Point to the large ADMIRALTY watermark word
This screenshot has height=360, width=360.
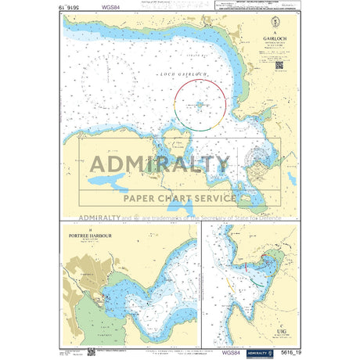(x=160, y=164)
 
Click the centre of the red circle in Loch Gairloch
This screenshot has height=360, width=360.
(x=200, y=103)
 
